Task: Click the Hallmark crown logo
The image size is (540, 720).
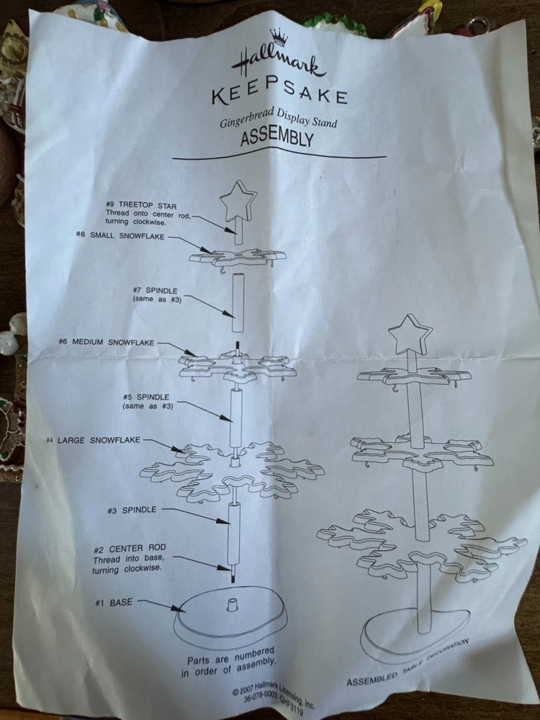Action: point(278,36)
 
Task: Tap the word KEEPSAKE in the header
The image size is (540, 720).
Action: point(279,93)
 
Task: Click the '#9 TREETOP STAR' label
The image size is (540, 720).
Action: point(141,204)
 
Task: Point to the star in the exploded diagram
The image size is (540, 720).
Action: point(238,201)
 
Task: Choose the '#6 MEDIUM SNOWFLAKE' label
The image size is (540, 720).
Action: point(107,342)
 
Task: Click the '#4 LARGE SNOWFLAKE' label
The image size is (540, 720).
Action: point(93,440)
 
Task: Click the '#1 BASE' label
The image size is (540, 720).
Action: point(114,603)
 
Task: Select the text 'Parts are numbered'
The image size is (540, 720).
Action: point(230,657)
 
